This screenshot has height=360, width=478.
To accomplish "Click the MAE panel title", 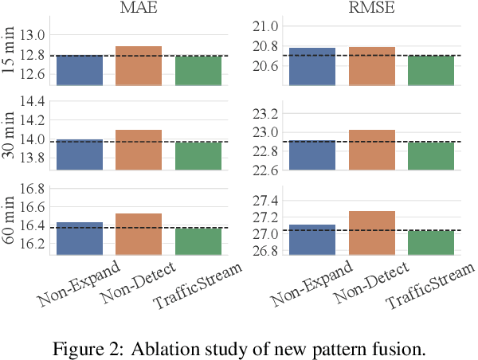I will [138, 9].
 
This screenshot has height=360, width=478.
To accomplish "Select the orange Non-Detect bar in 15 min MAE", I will [139, 66].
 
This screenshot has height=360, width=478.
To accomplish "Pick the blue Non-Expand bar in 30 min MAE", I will [80, 155].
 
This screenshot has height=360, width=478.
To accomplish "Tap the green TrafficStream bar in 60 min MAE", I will [198, 241].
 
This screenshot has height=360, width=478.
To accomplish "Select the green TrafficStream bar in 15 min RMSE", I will [430, 70].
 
